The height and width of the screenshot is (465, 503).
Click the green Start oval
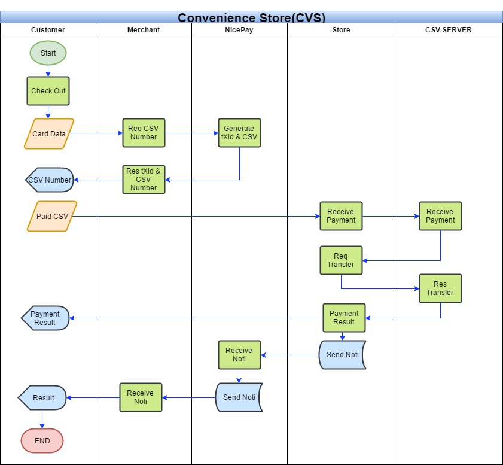[x=48, y=53]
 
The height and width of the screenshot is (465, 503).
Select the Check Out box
[x=48, y=91]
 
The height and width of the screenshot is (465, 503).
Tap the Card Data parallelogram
[x=49, y=134]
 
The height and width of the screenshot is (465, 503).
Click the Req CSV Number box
[x=144, y=133]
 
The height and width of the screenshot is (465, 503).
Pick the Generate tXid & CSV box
[x=239, y=133]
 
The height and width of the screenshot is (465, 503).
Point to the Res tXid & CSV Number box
[x=144, y=180]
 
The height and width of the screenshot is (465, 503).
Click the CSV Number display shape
[x=50, y=180]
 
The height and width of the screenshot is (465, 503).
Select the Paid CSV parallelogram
[x=52, y=216]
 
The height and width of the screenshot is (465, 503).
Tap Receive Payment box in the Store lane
[x=341, y=216]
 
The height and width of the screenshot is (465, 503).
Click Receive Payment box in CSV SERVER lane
[x=440, y=216]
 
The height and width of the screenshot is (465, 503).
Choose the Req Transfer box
[x=341, y=260]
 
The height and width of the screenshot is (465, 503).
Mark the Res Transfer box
[x=440, y=288]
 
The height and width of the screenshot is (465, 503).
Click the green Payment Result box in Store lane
[x=344, y=318]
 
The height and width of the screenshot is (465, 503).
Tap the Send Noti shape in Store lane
[x=342, y=355]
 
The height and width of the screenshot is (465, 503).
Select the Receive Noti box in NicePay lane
[x=239, y=355]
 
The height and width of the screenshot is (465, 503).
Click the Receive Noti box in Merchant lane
[x=141, y=397]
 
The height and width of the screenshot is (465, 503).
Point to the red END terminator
[x=42, y=440]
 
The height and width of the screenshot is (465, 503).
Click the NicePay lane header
[x=239, y=29]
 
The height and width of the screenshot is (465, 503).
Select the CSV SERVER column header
[x=449, y=29]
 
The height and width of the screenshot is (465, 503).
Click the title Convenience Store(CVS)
[x=251, y=17]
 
